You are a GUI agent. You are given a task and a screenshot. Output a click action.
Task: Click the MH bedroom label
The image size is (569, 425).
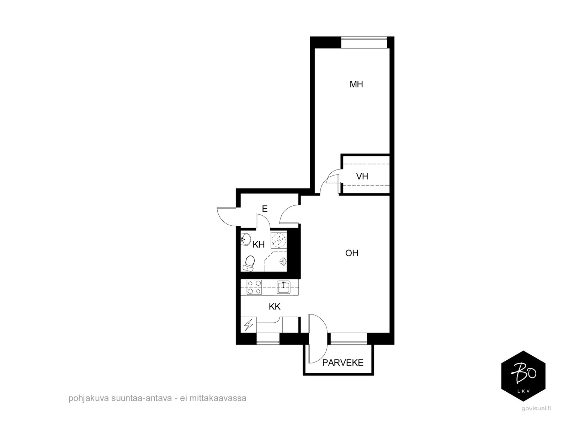click(356, 84)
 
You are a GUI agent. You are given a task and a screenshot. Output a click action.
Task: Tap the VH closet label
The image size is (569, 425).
click(362, 176)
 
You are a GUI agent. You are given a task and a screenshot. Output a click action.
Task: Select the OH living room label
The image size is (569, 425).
click(351, 253)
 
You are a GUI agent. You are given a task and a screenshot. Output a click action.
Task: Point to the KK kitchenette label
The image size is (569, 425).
click(275, 307)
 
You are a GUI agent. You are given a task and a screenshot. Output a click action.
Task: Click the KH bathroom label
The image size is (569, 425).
click(259, 244)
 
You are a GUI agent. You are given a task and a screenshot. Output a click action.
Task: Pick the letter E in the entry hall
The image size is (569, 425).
click(265, 209)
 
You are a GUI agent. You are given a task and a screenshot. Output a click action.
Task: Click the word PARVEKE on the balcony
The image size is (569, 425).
click(343, 363)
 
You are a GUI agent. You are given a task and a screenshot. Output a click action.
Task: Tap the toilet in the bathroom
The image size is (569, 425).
click(249, 263)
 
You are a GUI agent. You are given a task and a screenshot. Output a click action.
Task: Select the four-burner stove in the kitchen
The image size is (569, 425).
click(254, 287)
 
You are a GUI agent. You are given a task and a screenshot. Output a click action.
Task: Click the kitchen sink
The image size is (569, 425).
click(283, 287)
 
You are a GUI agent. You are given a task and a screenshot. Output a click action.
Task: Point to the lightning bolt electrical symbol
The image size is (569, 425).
click(249, 324)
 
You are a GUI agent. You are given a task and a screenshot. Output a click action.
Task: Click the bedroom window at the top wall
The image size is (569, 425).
click(364, 43)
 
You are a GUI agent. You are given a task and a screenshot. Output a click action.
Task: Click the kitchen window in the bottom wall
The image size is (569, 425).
click(268, 339)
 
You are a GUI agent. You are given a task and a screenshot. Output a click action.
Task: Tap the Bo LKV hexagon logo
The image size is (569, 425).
click(523, 376)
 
